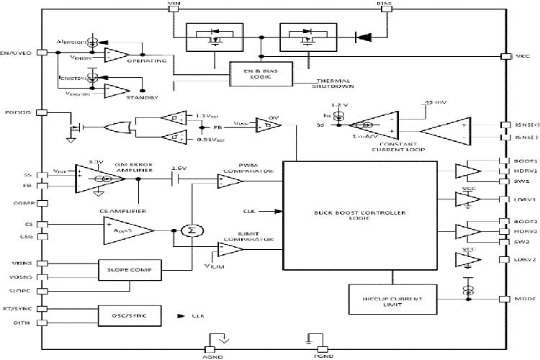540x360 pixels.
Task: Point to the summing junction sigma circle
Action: pos(191,230)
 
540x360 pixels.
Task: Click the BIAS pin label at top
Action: pos(384,4)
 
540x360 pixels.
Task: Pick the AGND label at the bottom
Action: pos(217,356)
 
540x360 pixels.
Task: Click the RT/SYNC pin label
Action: pos(17,308)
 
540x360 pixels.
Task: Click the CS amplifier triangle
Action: pos(127,230)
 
